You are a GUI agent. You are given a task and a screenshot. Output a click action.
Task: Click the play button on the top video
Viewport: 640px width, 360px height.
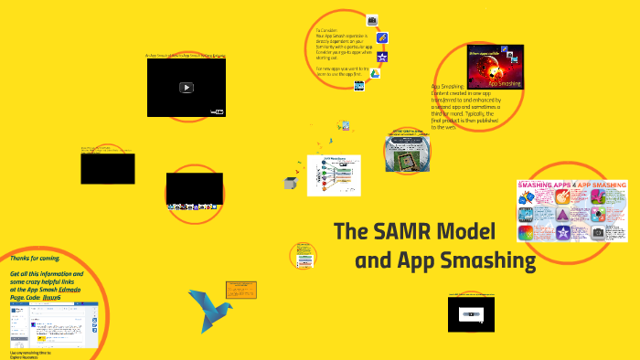186,88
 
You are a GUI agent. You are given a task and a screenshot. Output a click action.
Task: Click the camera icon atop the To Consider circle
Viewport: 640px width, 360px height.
372,19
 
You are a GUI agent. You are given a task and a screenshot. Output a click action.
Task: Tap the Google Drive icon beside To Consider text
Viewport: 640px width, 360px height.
374,75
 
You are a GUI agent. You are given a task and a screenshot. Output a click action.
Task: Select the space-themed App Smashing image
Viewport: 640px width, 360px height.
495,67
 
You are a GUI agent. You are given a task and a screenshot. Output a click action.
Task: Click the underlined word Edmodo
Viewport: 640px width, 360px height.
70,290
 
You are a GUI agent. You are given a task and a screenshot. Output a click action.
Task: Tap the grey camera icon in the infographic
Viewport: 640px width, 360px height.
598,233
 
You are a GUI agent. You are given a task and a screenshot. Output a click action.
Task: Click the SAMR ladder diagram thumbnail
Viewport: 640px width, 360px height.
333,175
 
